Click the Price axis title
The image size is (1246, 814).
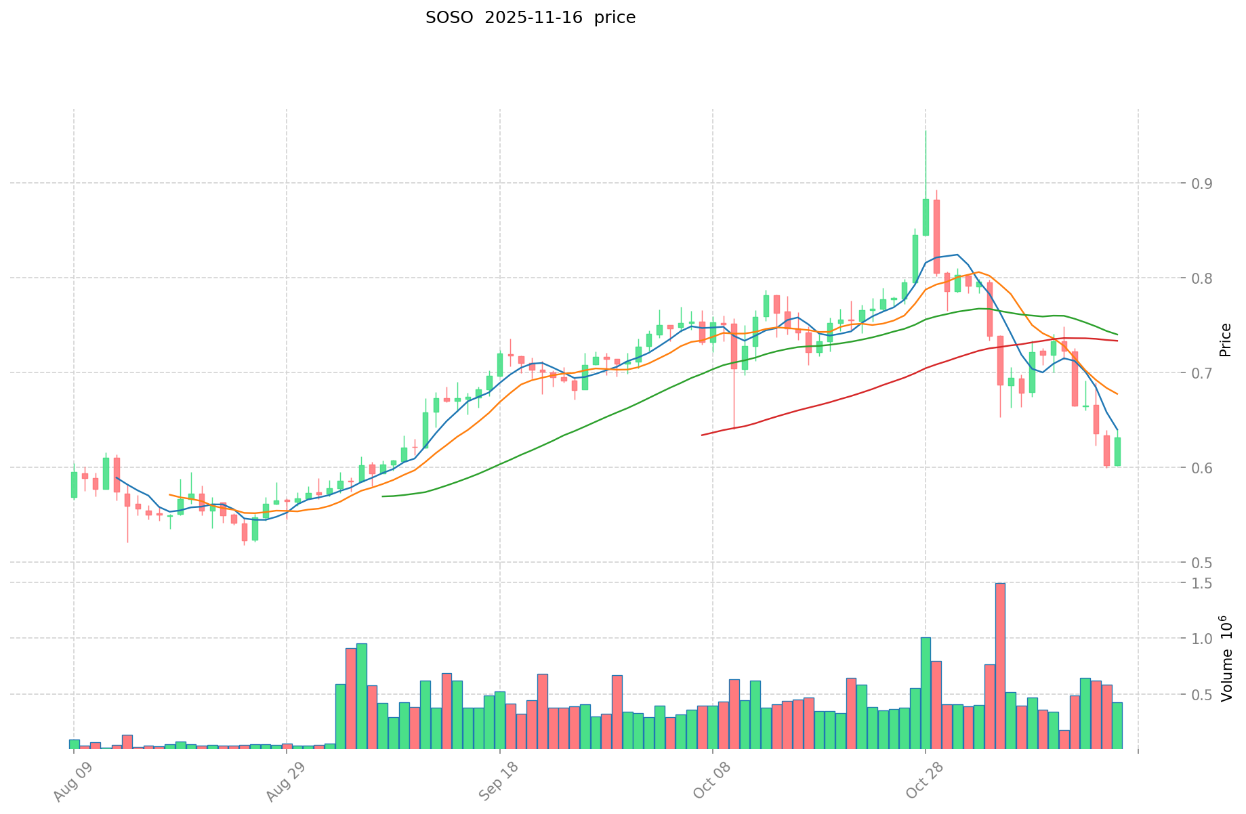[x=1224, y=339]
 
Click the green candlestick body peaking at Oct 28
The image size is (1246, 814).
[x=926, y=217]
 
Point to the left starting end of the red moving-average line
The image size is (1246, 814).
[x=702, y=435]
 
